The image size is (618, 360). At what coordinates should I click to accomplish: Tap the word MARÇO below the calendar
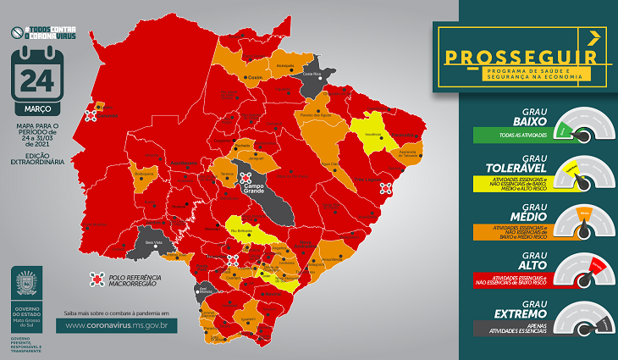[36, 109]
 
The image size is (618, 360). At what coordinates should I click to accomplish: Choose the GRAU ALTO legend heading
[532, 258]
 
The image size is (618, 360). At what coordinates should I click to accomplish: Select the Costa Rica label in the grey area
[312, 75]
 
